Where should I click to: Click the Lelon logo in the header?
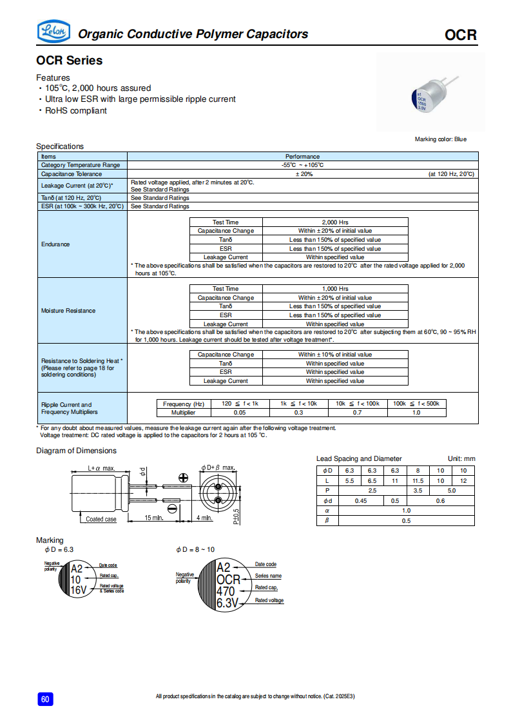[53, 30]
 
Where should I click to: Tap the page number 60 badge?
[44, 700]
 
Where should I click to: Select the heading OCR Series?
[69, 61]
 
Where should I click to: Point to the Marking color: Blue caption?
[440, 139]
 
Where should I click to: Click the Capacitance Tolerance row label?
[71, 174]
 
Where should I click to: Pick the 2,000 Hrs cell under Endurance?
[335, 222]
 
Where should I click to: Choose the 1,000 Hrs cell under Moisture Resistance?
[335, 289]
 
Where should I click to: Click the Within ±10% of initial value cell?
[335, 355]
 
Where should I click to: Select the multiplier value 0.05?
[240, 412]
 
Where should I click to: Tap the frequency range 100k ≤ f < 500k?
[416, 404]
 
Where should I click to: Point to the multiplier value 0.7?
[357, 412]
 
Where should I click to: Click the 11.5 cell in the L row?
[418, 481]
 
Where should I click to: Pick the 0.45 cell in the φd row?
[361, 501]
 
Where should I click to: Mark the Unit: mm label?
[461, 458]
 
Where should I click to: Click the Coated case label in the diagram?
[101, 519]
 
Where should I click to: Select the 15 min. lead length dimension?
[153, 518]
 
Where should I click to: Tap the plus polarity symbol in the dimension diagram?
[183, 478]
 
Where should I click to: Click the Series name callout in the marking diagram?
[268, 576]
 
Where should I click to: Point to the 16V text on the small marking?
[78, 590]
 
